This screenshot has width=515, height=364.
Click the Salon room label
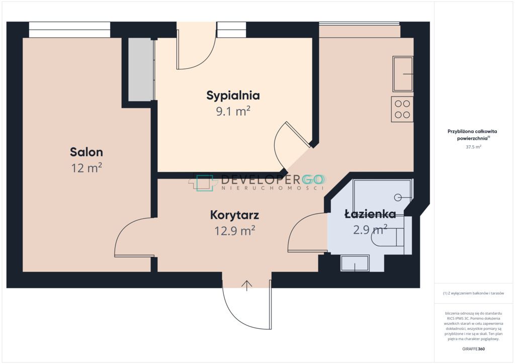[87, 152]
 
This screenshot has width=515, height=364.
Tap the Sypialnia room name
[233, 96]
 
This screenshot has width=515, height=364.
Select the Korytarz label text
[234, 215]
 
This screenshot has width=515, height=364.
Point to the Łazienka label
[370, 214]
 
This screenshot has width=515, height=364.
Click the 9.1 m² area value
[233, 111]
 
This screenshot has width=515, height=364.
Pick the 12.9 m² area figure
[234, 231]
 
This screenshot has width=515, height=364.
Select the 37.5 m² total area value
[473, 147]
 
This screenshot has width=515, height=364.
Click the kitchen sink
[403, 74]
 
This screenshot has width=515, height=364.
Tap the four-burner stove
[402, 109]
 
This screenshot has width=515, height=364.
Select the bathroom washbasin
[355, 263]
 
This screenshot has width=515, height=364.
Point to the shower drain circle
[398, 197]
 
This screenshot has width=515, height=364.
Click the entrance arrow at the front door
[246, 286]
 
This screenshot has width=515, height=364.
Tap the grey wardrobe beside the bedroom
[141, 69]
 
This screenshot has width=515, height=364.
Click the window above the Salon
[69, 30]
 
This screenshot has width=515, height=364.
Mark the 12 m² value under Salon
[87, 168]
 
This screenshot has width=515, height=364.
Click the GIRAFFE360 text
[473, 349]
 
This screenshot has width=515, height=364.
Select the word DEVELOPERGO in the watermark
[272, 179]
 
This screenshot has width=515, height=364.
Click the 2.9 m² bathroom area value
[370, 229]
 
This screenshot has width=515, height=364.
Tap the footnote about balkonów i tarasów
[473, 293]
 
